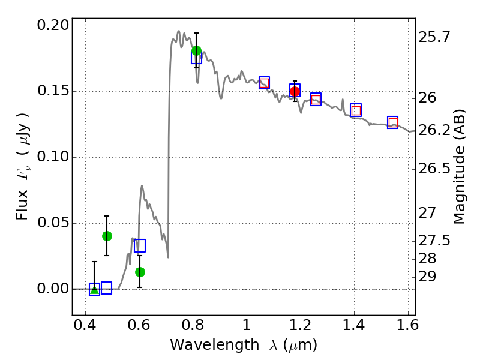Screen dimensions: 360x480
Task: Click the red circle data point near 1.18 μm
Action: pos(295,91)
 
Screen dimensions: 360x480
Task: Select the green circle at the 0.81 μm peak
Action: pos(196,51)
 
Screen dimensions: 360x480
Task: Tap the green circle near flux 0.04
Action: pos(107,236)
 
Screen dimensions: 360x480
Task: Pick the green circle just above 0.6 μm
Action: pos(140,272)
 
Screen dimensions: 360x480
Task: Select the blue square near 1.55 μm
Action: pos(393,122)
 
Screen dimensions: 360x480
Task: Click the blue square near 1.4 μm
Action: pos(356,110)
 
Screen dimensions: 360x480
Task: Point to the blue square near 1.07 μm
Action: pos(264,83)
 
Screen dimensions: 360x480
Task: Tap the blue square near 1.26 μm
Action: pos(316,99)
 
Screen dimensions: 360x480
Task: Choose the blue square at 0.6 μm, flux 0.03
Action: pos(140,245)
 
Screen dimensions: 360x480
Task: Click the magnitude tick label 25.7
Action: pos(434,38)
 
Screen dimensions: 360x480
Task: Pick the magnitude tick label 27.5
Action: pos(434,241)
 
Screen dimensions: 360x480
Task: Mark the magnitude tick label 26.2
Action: pos(434,130)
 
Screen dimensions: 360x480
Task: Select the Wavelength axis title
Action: pos(243,346)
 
